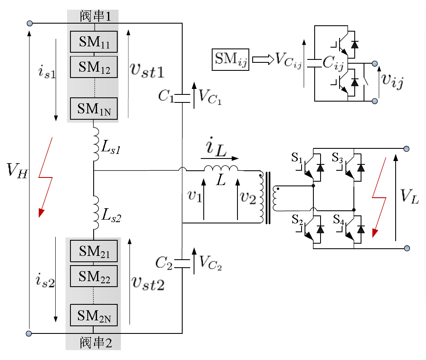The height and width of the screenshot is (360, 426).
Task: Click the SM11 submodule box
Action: pyautogui.click(x=94, y=42)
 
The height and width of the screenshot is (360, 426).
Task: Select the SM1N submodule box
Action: pyautogui.click(x=94, y=109)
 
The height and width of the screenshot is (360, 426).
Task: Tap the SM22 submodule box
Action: pyautogui.click(x=94, y=276)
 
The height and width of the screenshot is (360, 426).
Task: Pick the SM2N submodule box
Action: pyautogui.click(x=94, y=315)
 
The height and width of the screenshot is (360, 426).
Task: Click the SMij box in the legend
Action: pyautogui.click(x=230, y=59)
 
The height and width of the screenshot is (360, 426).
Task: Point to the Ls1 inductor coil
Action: pyautogui.click(x=96, y=144)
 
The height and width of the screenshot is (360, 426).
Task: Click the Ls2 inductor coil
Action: pyautogui.click(x=96, y=212)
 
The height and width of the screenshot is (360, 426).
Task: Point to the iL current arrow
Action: pyautogui.click(x=219, y=158)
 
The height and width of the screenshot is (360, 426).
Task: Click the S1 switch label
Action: pyautogui.click(x=297, y=158)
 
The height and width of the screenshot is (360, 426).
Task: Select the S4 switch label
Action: pyautogui.click(x=339, y=219)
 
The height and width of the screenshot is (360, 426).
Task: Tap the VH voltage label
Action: pyautogui.click(x=17, y=171)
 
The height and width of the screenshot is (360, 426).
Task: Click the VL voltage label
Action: pyautogui.click(x=410, y=196)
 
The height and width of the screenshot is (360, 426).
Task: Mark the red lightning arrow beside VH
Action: pyautogui.click(x=46, y=177)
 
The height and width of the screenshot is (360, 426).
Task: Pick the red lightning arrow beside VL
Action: pyautogui.click(x=379, y=198)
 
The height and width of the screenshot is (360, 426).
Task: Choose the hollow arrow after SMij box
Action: pyautogui.click(x=263, y=59)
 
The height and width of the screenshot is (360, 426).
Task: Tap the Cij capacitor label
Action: pyautogui.click(x=333, y=63)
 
